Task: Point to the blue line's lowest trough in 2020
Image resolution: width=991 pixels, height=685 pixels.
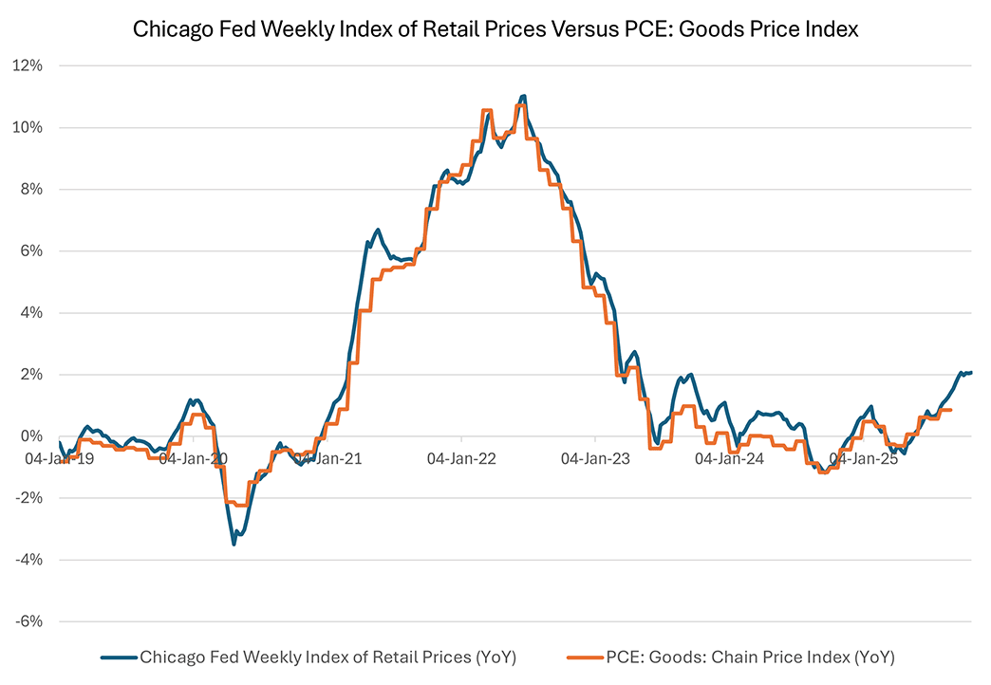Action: [x=234, y=544]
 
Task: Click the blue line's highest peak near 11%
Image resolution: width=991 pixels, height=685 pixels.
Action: [x=523, y=96]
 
